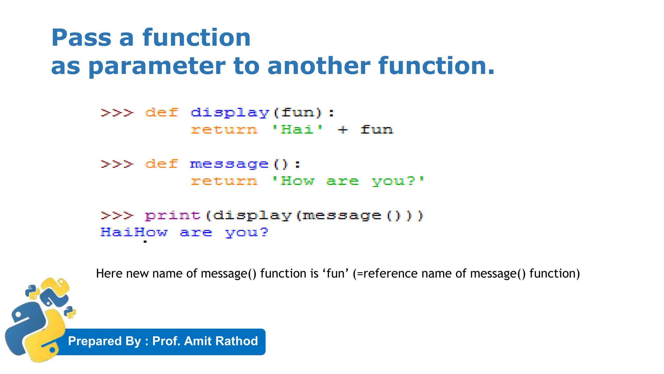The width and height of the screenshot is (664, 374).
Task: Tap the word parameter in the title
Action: (x=157, y=66)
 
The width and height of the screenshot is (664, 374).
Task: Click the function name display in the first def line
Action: (x=230, y=113)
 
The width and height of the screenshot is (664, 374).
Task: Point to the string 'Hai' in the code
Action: (x=297, y=130)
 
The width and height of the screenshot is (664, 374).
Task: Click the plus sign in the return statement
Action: (x=343, y=130)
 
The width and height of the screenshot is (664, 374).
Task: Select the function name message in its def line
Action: (x=229, y=164)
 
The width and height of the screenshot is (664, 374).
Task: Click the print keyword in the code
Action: (x=172, y=215)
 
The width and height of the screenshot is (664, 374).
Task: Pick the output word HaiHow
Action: (x=134, y=232)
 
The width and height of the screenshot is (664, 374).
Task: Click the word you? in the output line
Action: (x=247, y=232)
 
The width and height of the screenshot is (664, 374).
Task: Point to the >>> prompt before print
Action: (x=117, y=215)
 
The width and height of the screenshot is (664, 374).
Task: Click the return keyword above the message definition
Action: (x=224, y=130)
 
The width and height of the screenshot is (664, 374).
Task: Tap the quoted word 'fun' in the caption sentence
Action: (x=335, y=274)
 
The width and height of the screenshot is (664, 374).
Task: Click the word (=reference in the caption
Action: (x=385, y=274)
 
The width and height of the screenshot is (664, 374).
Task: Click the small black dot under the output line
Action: (x=145, y=242)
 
